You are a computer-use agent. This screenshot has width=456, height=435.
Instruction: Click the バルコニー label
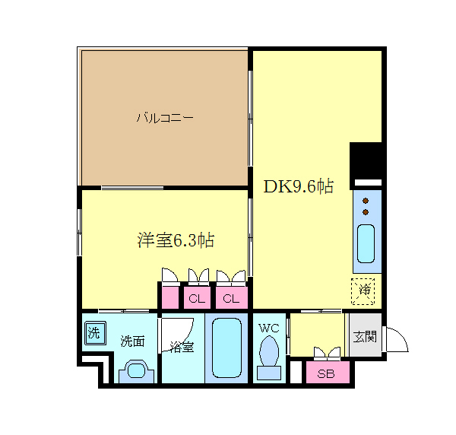164,118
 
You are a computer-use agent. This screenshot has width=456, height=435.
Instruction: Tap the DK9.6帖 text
298,186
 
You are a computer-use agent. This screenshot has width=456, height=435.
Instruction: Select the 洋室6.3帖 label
175,240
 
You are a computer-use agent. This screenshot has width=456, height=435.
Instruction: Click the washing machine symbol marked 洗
93,333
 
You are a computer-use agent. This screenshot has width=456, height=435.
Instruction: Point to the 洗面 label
132,341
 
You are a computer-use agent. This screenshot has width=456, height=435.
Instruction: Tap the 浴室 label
182,347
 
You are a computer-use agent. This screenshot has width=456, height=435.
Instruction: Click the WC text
268,329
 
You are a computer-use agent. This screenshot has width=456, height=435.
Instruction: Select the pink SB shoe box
326,373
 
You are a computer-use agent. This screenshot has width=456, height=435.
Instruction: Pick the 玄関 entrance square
364,336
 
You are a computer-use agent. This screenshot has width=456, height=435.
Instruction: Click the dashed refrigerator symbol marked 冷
364,290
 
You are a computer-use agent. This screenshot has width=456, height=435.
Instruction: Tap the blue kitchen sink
366,243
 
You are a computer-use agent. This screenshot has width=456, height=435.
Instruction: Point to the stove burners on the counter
366,205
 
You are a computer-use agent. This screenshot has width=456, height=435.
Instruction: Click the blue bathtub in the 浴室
226,348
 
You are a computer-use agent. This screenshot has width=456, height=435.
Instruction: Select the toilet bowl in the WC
268,354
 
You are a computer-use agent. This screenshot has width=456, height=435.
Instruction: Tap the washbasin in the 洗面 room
137,370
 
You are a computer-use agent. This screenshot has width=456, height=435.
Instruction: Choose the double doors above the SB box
326,353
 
